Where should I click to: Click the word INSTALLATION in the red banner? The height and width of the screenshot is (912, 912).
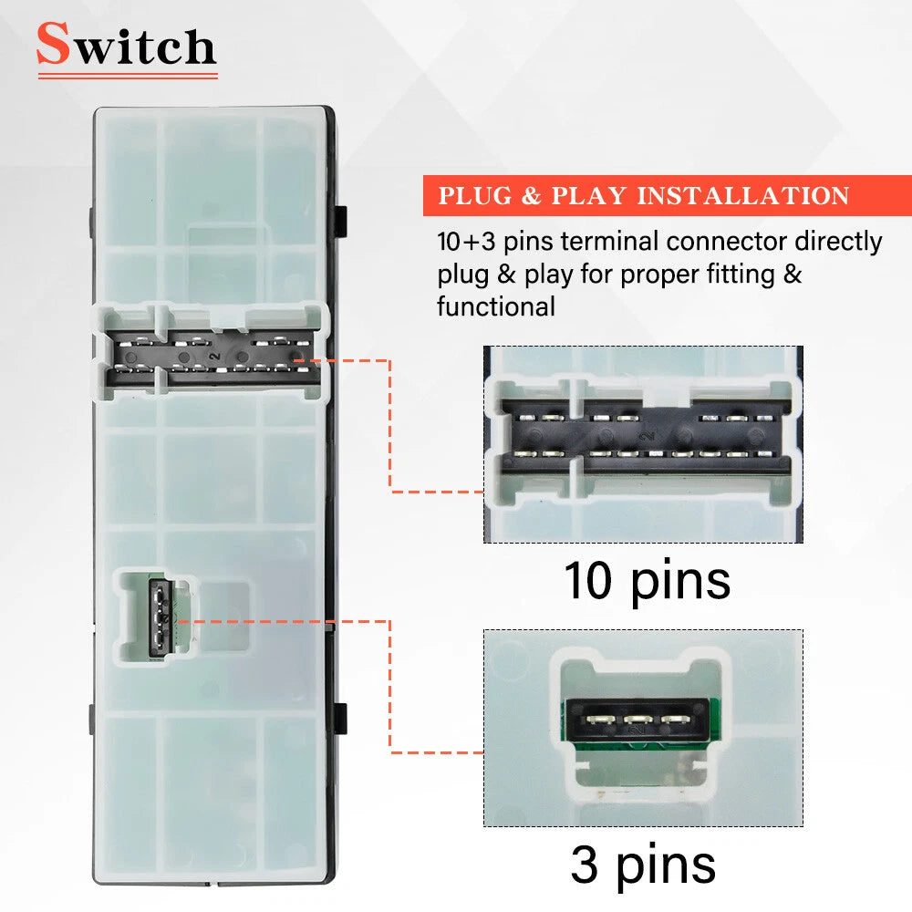743,195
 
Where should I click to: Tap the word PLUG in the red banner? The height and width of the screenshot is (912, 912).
475,195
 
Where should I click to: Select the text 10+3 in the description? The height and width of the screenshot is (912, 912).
466,241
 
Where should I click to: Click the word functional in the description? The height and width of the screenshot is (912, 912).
496,306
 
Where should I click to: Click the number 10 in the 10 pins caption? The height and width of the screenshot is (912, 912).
588,580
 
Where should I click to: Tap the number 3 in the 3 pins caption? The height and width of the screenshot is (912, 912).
584,864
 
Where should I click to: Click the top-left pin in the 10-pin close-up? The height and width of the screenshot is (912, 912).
526,417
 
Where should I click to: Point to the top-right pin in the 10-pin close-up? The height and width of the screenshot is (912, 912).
763,418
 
